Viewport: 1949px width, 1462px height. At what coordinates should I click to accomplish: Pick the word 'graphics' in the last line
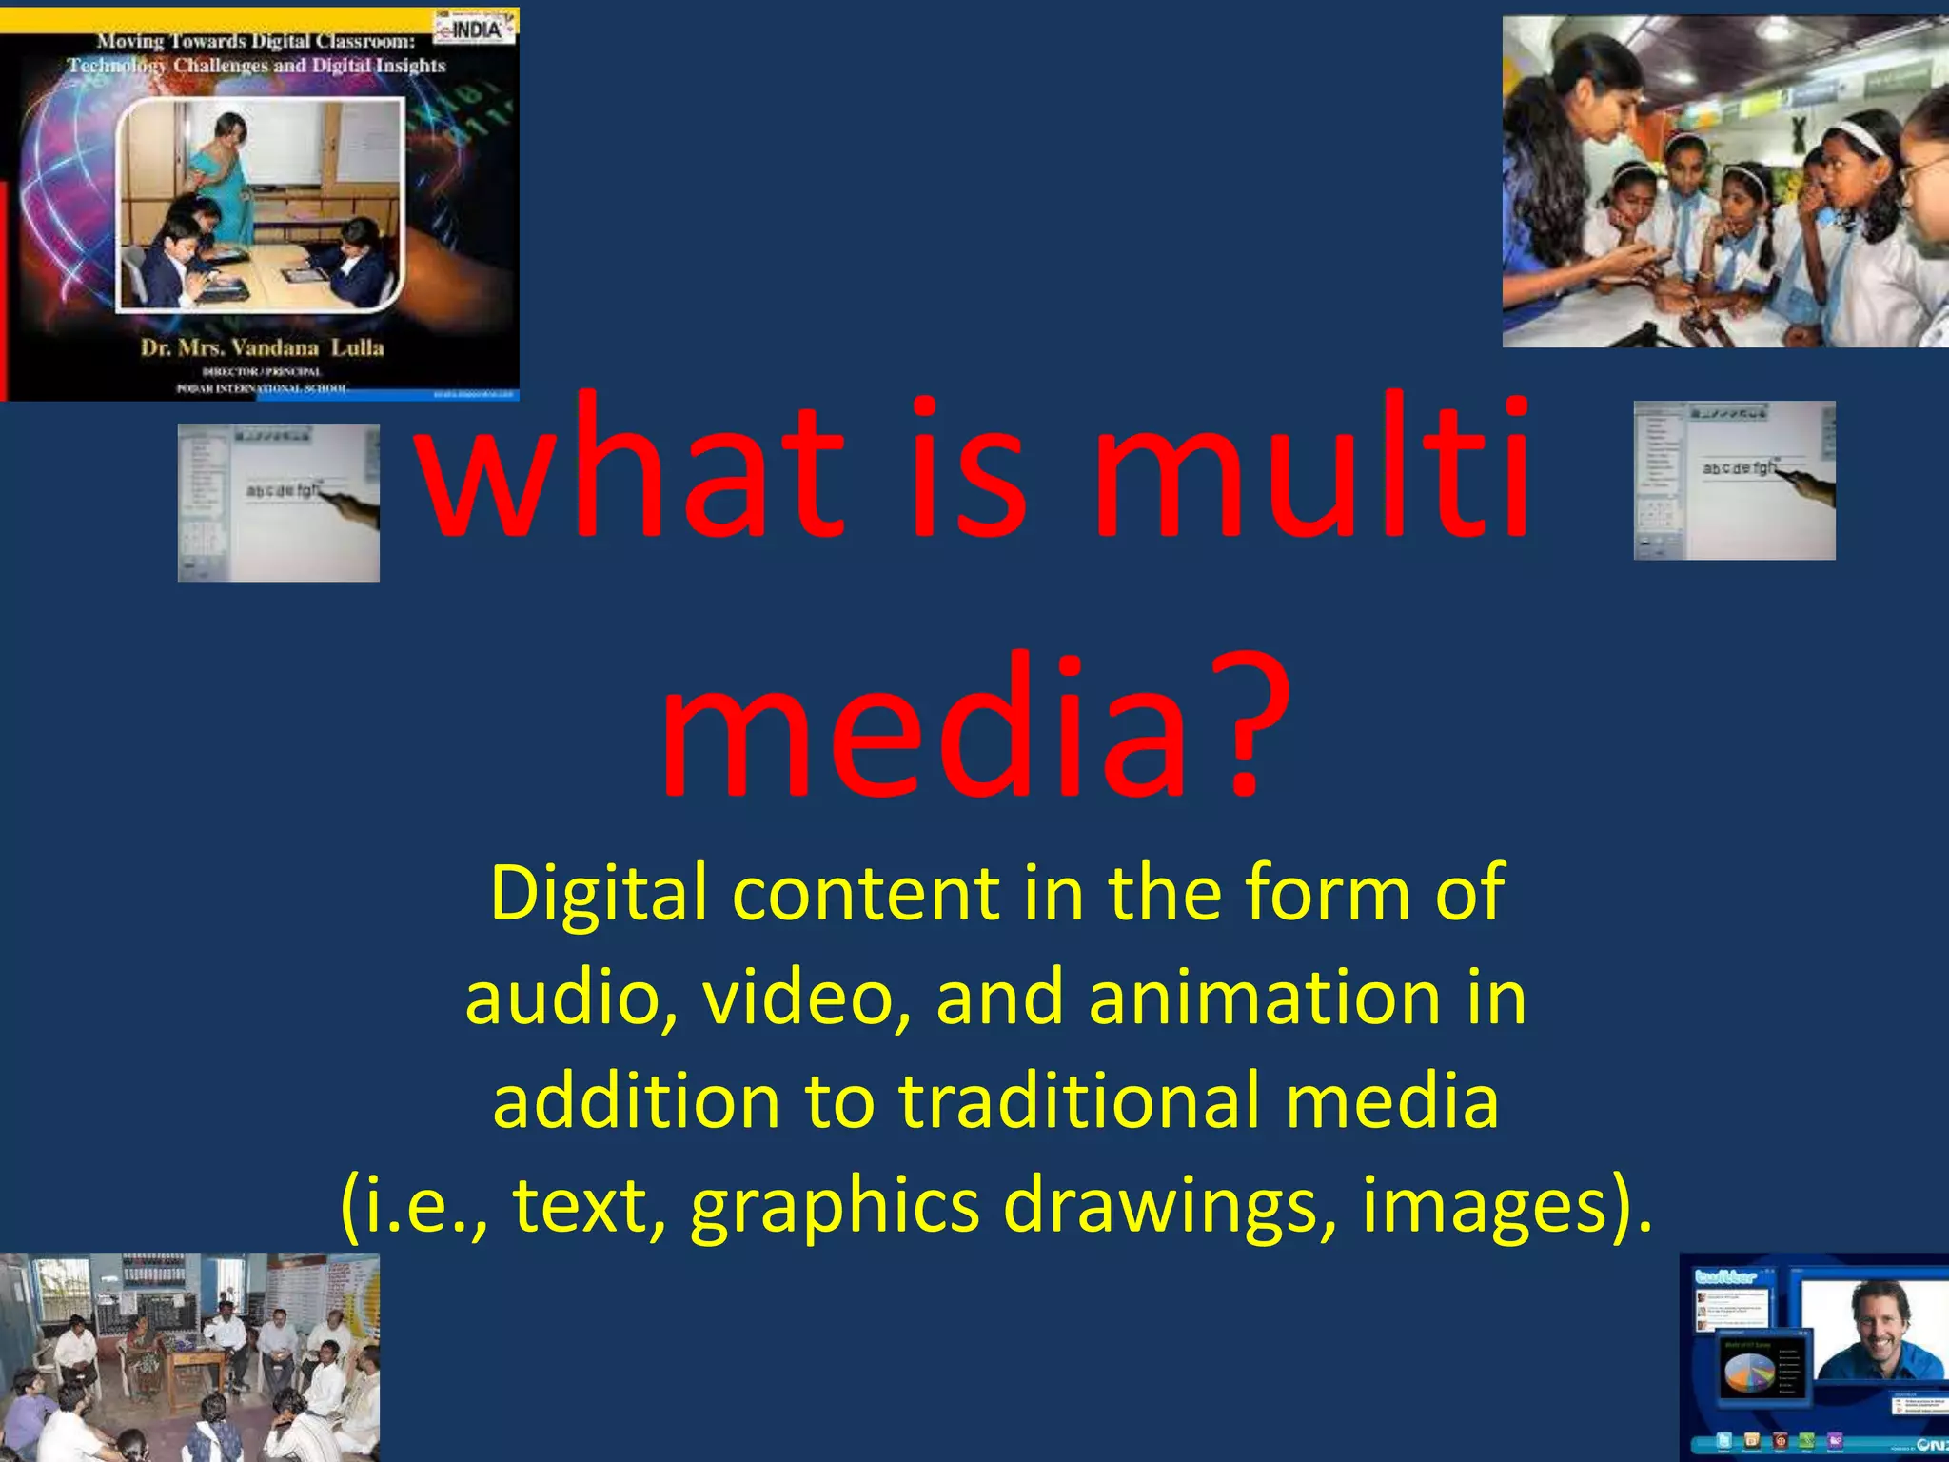tap(835, 1205)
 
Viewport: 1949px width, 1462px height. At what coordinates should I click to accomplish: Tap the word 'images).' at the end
tap(1506, 1205)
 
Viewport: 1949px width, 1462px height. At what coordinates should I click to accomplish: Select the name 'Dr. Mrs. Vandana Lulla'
tap(262, 347)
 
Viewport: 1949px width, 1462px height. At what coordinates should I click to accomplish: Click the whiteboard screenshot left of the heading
tap(278, 503)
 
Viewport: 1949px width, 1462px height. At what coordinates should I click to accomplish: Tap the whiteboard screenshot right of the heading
tap(1734, 481)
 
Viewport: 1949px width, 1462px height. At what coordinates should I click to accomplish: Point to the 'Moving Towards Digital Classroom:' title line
tap(256, 41)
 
